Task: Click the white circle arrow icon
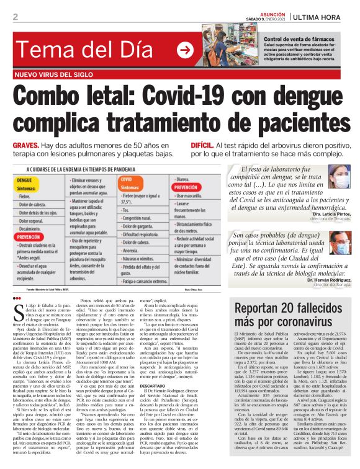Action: click(x=185, y=50)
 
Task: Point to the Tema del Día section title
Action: click(x=80, y=50)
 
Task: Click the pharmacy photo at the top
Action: click(x=231, y=45)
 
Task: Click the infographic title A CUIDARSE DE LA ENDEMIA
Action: click(x=80, y=169)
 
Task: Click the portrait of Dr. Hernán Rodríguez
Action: click(x=340, y=243)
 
